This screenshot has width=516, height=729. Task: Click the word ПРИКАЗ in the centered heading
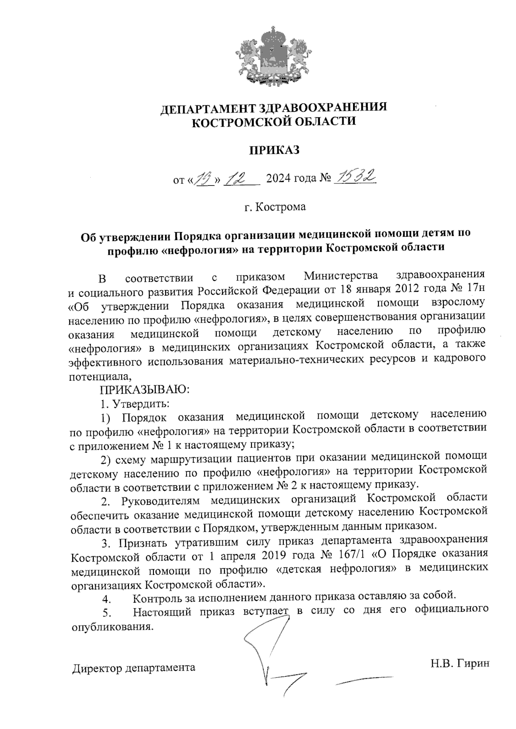[x=274, y=150]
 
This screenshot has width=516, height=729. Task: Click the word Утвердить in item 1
[x=140, y=404]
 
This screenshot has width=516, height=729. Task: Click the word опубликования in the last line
[x=111, y=626]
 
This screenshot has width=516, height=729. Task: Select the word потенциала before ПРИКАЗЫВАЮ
[x=99, y=377]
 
